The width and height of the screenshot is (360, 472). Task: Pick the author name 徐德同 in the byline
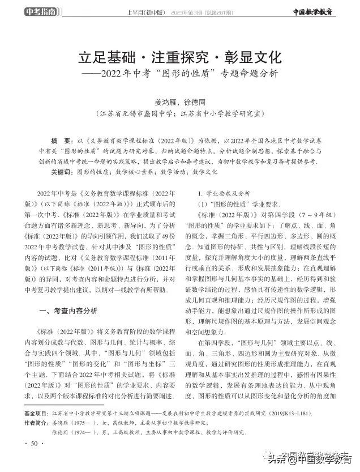(195, 102)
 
